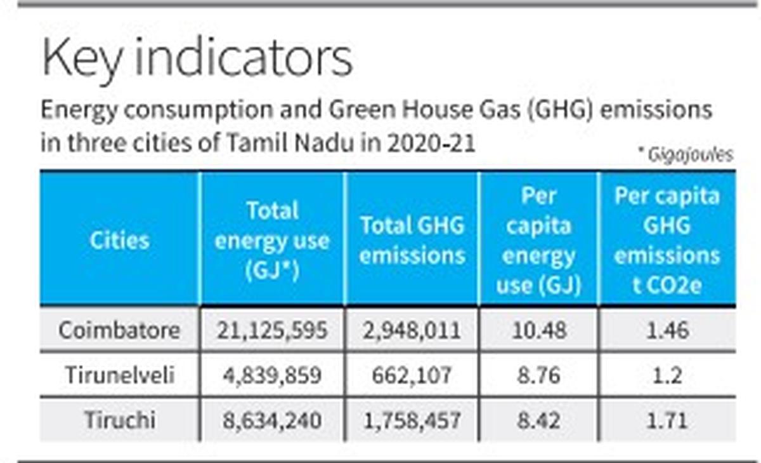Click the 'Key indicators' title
[x=197, y=58]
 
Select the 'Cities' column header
[x=119, y=240]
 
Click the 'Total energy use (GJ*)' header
[x=271, y=241]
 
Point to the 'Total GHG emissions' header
[x=412, y=241]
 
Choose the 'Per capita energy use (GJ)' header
[x=538, y=241]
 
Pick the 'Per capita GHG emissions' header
[x=667, y=241]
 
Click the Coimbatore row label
[x=119, y=330]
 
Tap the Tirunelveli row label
[x=119, y=375]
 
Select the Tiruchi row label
[x=119, y=420]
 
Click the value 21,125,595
[x=271, y=330]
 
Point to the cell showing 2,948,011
[x=412, y=330]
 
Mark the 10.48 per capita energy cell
[x=538, y=330]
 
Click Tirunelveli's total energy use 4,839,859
[x=271, y=375]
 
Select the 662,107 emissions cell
[x=412, y=375]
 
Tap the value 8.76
[x=538, y=375]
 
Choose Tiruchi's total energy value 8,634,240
[x=271, y=420]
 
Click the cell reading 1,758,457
[x=412, y=420]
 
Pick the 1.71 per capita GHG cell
[x=667, y=420]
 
